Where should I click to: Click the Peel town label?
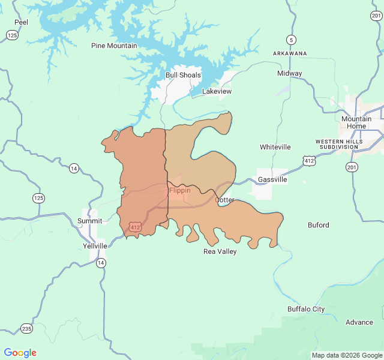click(x=21, y=22)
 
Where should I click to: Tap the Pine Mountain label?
click(x=114, y=46)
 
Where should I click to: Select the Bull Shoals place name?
click(x=183, y=76)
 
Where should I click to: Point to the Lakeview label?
click(x=217, y=91)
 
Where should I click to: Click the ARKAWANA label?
click(x=290, y=53)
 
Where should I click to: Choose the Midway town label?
click(x=290, y=73)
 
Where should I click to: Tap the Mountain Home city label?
click(x=356, y=122)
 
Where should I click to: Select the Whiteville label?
click(x=275, y=147)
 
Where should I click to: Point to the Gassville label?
click(x=272, y=179)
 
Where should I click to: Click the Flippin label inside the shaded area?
click(x=180, y=190)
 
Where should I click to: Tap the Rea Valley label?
click(x=220, y=251)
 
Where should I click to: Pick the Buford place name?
click(x=318, y=225)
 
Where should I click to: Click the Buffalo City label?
click(x=306, y=309)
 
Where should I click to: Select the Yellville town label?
click(x=95, y=246)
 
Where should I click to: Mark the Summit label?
click(x=90, y=221)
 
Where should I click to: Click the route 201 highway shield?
click(x=352, y=167)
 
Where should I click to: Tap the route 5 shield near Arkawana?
click(x=292, y=40)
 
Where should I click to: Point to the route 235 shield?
click(x=26, y=328)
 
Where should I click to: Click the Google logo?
click(x=20, y=353)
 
